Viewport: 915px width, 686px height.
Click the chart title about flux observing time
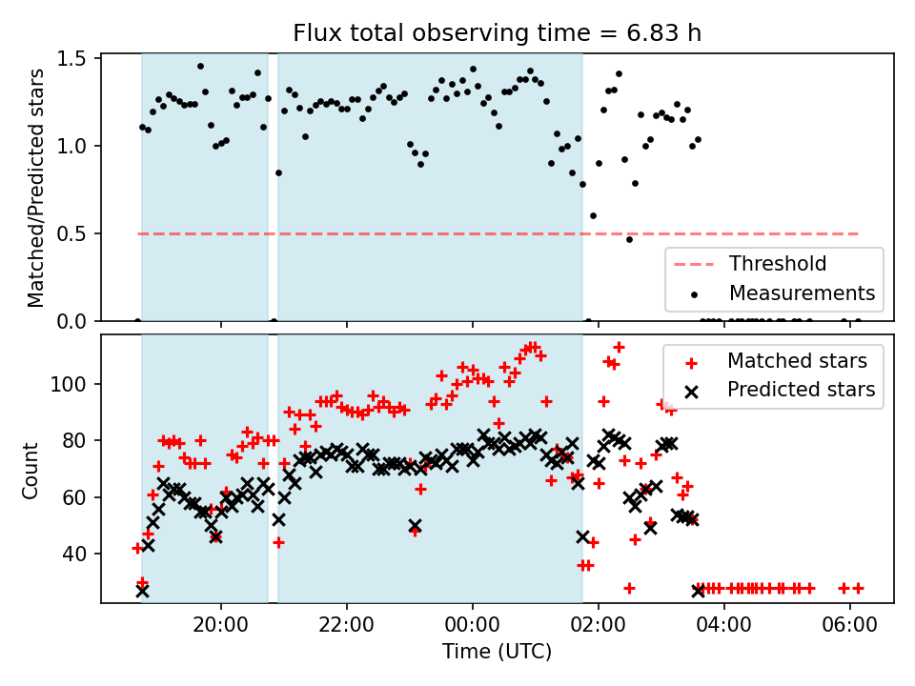(x=498, y=32)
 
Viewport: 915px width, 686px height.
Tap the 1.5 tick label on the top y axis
(x=71, y=59)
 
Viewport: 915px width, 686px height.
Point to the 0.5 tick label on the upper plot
(x=71, y=234)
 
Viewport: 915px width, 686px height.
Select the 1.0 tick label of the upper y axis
(x=71, y=147)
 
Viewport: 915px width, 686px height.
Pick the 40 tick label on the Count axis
(x=74, y=554)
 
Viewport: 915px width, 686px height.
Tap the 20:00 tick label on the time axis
(x=220, y=625)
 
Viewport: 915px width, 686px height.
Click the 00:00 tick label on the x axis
(x=472, y=625)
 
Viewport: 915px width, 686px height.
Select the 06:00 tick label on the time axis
(x=849, y=625)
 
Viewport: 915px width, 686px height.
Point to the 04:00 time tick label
(x=723, y=625)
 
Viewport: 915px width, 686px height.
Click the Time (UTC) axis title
(x=498, y=651)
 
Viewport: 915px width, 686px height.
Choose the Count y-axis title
(x=30, y=471)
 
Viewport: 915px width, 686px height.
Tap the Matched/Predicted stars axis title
(x=35, y=188)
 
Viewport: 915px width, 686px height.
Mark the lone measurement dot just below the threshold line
(x=629, y=240)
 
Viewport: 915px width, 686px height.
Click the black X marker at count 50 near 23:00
(x=415, y=526)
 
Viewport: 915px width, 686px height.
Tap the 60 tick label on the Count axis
(x=74, y=497)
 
